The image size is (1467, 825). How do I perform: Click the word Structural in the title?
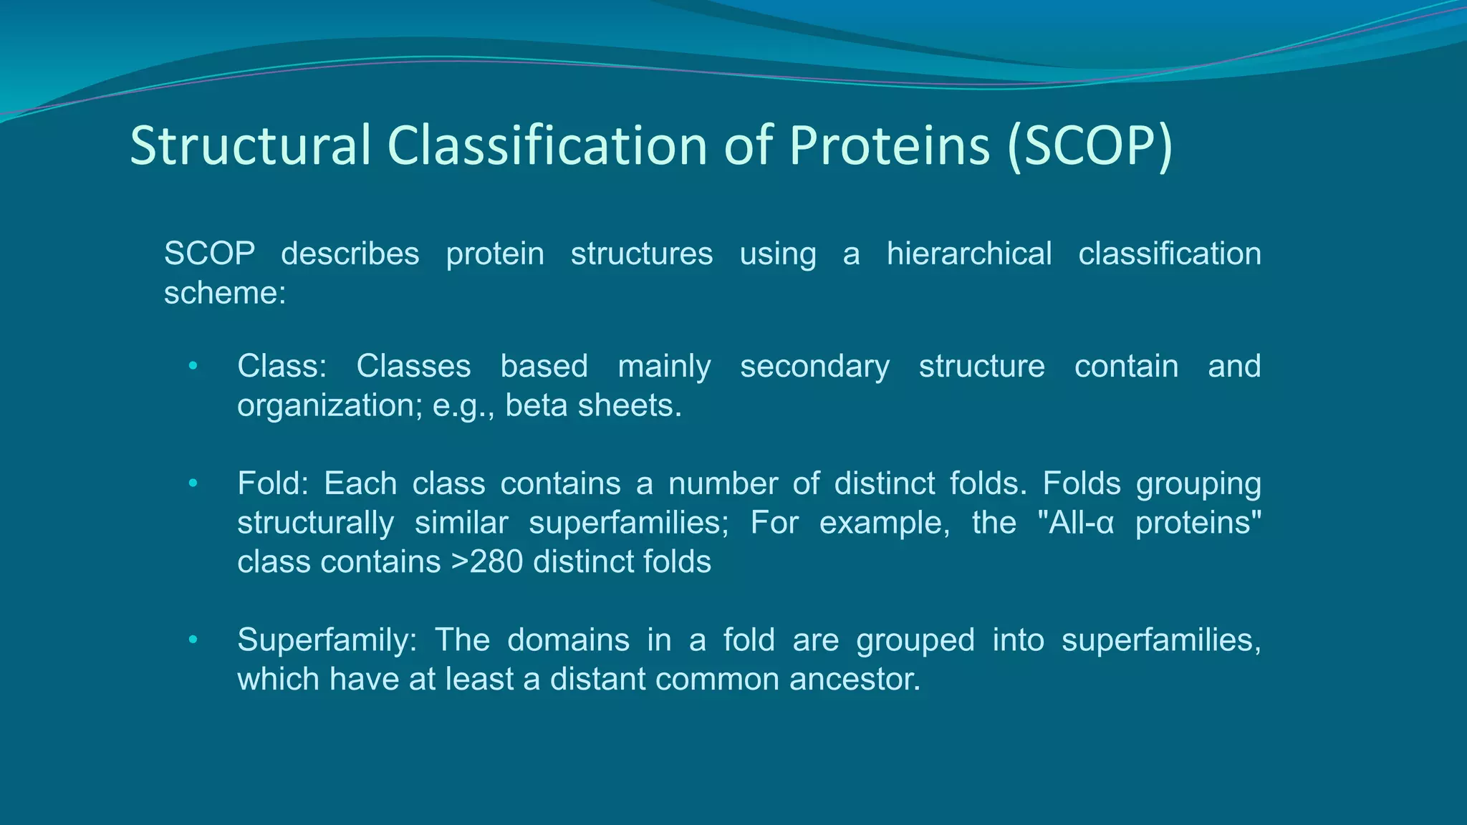click(250, 146)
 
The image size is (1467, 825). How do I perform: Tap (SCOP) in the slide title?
click(1090, 146)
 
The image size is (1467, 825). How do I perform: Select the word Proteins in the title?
click(889, 146)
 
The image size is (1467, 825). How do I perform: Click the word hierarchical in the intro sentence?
click(968, 254)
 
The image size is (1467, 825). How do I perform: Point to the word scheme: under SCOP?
click(225, 293)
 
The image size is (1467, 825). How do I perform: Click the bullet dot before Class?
click(192, 367)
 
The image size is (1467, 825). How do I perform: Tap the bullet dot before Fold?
click(192, 484)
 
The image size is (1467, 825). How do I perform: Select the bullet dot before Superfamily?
click(192, 640)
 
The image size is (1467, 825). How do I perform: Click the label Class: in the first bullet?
click(282, 366)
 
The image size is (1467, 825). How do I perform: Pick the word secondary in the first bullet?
click(814, 366)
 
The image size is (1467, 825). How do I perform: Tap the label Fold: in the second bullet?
click(272, 483)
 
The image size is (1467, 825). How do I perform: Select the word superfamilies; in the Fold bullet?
click(628, 523)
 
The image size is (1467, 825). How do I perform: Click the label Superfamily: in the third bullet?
click(327, 640)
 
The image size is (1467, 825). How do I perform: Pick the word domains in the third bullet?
click(568, 640)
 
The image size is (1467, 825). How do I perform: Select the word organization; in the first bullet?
click(330, 405)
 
